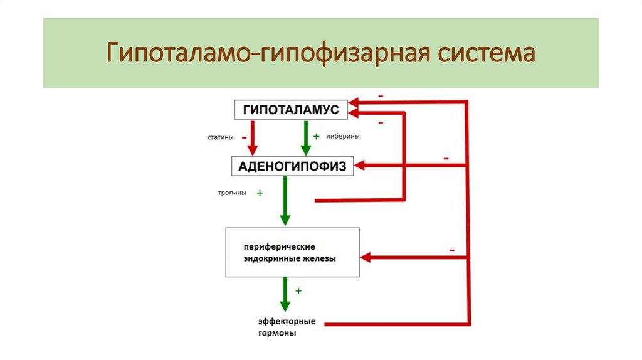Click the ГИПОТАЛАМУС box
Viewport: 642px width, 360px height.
tap(290, 110)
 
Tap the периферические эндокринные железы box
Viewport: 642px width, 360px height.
tap(292, 253)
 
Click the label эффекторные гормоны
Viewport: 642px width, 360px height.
tap(287, 327)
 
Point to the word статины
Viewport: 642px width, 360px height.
tap(221, 137)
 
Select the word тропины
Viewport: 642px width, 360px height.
tap(231, 193)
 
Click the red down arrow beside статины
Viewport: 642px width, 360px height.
tap(252, 139)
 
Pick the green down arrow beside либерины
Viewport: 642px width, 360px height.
tap(306, 139)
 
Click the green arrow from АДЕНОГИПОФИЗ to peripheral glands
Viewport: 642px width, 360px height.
tap(285, 201)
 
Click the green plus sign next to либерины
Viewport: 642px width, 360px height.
tap(317, 136)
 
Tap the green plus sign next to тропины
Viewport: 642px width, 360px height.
tap(259, 193)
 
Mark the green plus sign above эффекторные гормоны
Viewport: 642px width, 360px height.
tap(298, 290)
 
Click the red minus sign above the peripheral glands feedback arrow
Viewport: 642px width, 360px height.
tap(451, 250)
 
